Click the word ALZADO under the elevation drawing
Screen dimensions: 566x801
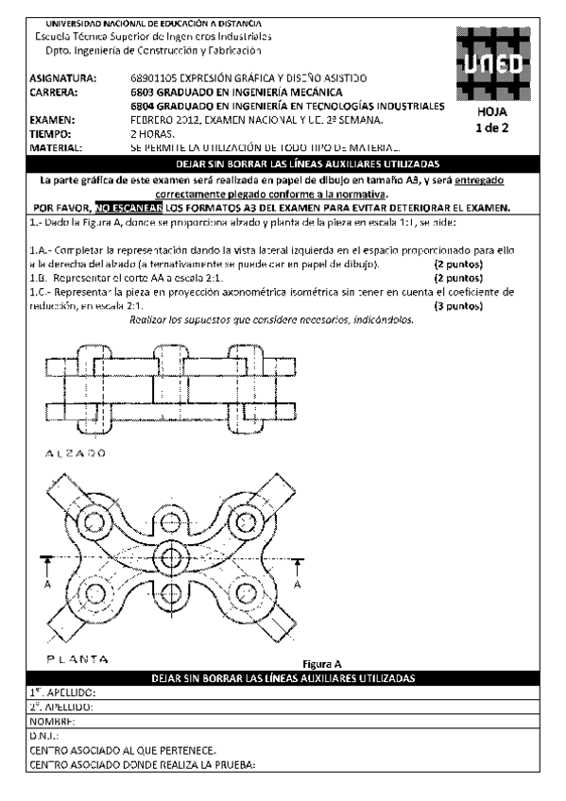pos(75,452)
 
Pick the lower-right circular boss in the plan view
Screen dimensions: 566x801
pos(247,595)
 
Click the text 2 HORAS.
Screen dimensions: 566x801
pos(152,135)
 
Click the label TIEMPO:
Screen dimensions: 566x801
pos(52,135)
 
